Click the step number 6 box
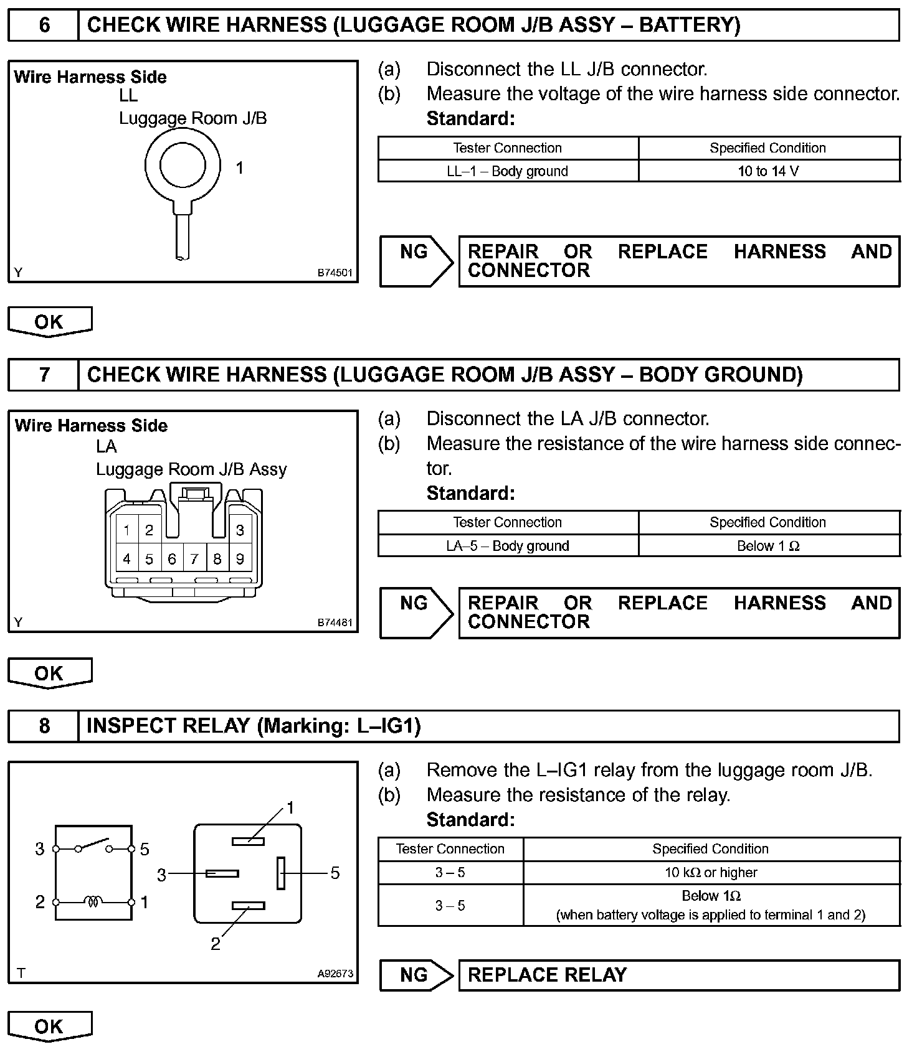click(x=44, y=26)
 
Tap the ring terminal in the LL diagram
click(x=183, y=165)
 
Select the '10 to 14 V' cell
click(x=768, y=171)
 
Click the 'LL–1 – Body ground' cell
click(x=508, y=171)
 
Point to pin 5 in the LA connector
click(x=149, y=559)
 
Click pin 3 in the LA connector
click(x=240, y=530)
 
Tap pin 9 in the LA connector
click(x=240, y=559)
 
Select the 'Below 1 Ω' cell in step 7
click(x=768, y=546)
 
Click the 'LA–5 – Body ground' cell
click(x=508, y=546)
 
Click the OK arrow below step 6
click(x=49, y=322)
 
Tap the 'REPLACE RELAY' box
click(x=679, y=975)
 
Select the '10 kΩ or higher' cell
click(x=711, y=873)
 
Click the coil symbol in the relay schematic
click(x=93, y=901)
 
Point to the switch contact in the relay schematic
click(x=93, y=845)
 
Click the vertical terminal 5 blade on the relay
click(x=282, y=873)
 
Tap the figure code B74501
click(x=335, y=273)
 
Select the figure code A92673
click(x=335, y=974)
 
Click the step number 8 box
click(x=44, y=726)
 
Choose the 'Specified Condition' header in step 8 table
click(x=711, y=849)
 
